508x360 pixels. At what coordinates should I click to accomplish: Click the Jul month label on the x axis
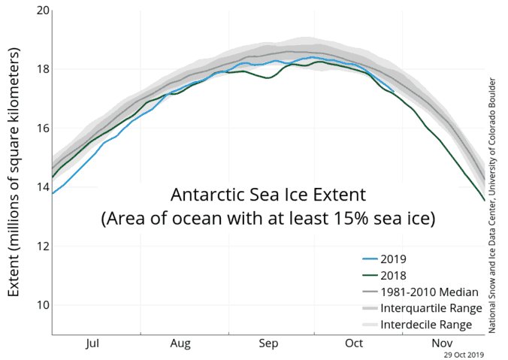point(93,343)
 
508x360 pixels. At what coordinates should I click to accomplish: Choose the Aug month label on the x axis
point(181,343)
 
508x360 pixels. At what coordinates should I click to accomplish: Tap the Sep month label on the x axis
point(269,343)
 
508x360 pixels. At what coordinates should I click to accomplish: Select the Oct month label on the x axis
point(355,343)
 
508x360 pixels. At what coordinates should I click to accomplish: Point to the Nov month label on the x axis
point(441,343)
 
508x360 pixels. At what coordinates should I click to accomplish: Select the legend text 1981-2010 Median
point(427,291)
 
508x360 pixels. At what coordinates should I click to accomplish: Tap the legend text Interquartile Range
point(427,307)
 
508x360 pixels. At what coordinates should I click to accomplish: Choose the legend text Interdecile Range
point(426,324)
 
